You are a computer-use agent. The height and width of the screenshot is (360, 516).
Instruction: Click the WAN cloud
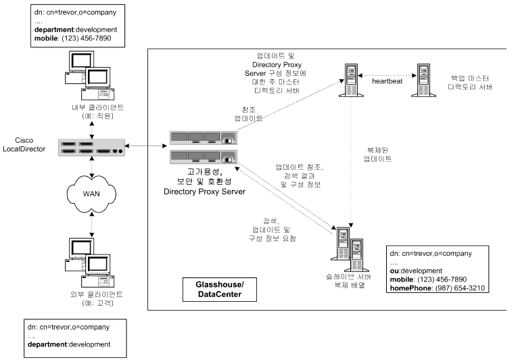coord(91,194)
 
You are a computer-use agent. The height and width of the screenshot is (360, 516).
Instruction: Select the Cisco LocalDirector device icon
coord(92,148)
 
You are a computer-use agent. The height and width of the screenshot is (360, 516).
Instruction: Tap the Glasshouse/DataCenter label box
coord(220,290)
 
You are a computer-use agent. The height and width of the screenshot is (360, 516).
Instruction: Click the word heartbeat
coord(388,81)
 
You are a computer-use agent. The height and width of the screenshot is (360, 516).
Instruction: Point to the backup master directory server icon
coord(423,80)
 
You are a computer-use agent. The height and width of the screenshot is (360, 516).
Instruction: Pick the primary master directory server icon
coord(351,80)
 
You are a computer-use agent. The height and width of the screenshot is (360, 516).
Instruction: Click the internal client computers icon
coord(89,75)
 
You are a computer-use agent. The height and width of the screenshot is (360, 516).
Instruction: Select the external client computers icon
coord(89,263)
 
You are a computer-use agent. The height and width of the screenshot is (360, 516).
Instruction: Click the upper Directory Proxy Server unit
coord(204,138)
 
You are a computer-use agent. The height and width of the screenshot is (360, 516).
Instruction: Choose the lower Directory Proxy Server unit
coord(204,157)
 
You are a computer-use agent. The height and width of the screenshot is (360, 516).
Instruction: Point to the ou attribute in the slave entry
coord(394,271)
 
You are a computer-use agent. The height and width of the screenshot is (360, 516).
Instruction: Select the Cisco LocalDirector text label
coord(24,145)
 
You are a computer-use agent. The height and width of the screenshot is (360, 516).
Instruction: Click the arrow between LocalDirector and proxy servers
coord(146,145)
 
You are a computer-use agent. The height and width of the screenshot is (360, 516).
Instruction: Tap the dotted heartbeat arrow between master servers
coord(388,75)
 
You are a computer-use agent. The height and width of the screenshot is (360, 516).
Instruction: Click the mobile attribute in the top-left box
coord(46,38)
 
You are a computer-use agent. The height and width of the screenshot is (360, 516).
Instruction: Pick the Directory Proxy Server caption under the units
coord(205,192)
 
